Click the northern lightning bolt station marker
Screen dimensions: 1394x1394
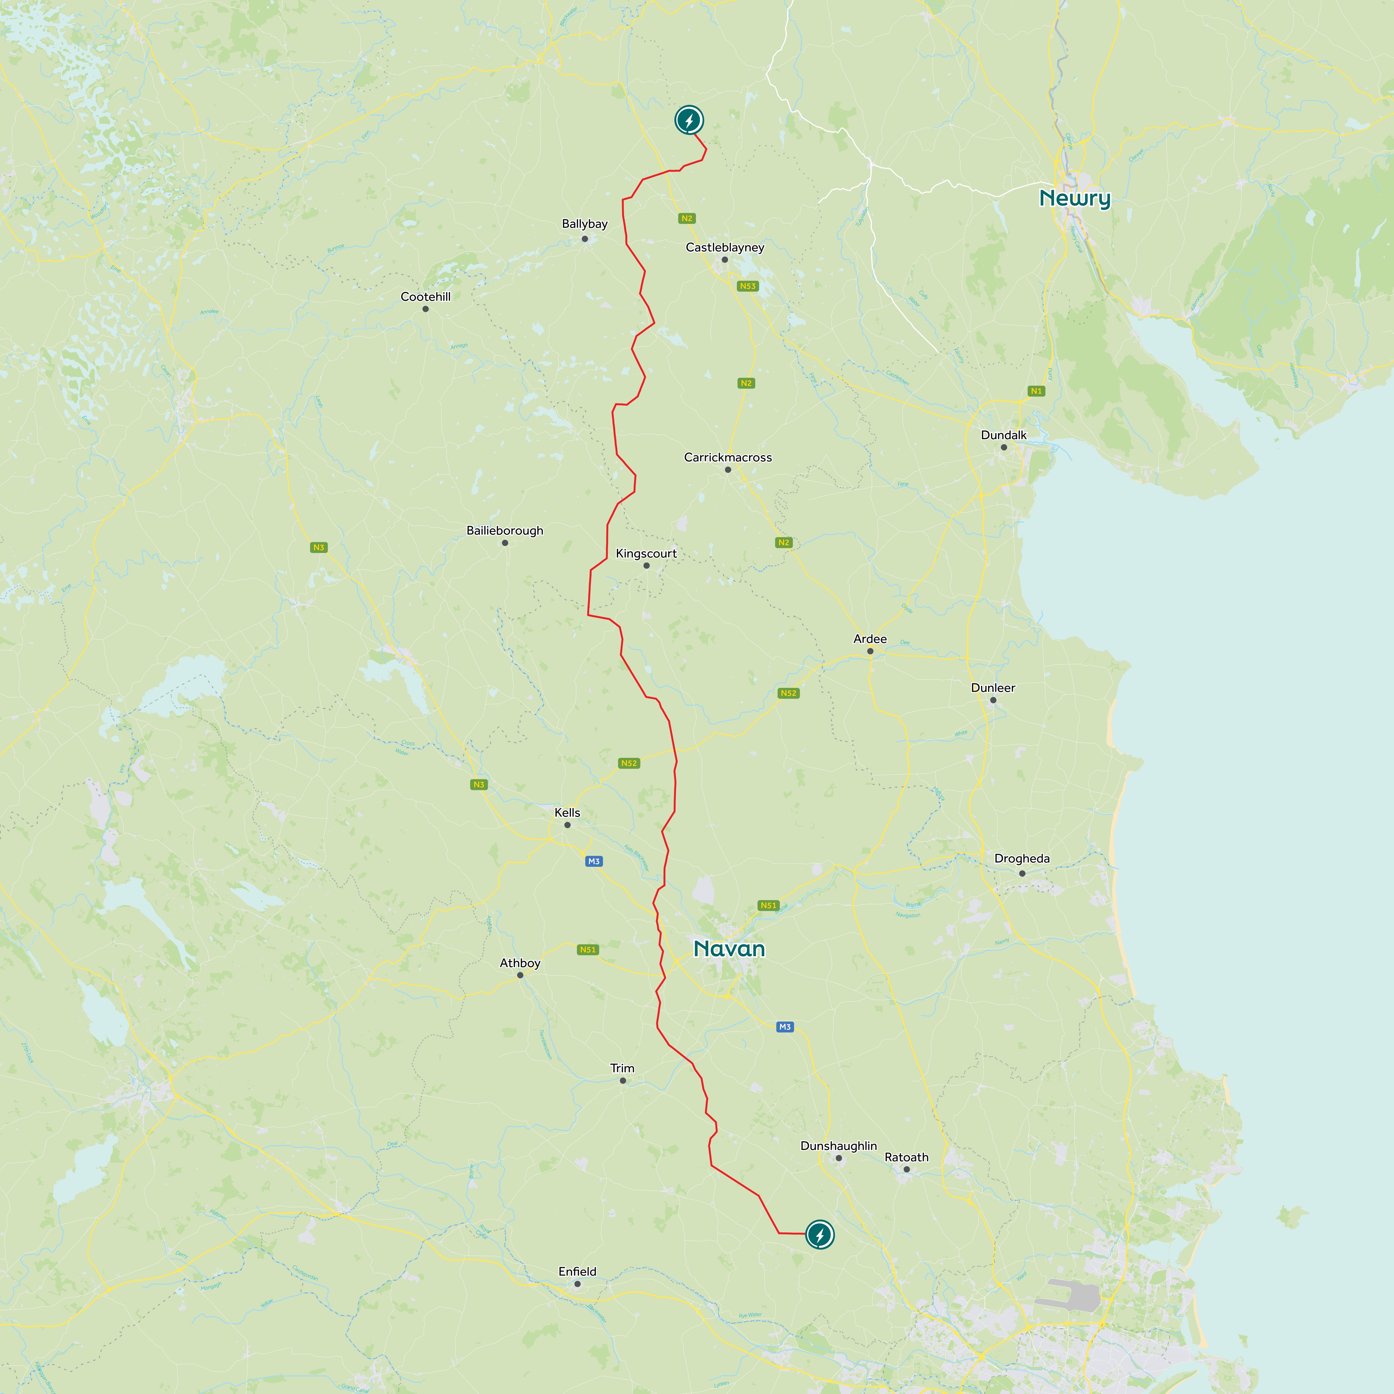tap(689, 120)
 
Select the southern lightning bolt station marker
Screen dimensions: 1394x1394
tap(820, 1234)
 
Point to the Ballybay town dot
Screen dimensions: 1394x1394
tap(584, 239)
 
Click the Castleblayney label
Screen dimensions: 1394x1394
tap(724, 247)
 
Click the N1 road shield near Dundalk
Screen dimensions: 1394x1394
tap(1036, 391)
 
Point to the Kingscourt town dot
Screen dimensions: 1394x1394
tap(646, 566)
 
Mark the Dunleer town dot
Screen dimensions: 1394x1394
tap(993, 700)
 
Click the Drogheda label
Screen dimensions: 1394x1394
tap(1022, 859)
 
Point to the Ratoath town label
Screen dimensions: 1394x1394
tap(906, 1157)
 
